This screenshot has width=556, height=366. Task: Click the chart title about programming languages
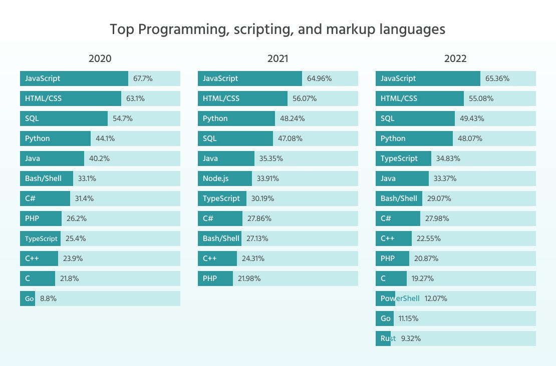click(x=277, y=29)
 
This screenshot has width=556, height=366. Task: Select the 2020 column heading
click(x=100, y=58)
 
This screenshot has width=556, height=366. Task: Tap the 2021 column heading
click(x=277, y=58)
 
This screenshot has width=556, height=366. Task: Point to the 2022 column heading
click(x=455, y=58)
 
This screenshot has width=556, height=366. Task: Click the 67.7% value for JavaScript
click(x=143, y=78)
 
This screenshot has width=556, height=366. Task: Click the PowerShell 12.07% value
click(x=436, y=298)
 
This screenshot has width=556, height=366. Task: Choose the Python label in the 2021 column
click(x=215, y=118)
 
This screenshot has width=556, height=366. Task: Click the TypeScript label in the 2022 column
click(x=399, y=158)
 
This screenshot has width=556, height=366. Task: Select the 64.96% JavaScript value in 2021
click(x=319, y=78)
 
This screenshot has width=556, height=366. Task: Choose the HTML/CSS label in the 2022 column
click(x=399, y=98)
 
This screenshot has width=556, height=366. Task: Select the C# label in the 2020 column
click(x=30, y=198)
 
